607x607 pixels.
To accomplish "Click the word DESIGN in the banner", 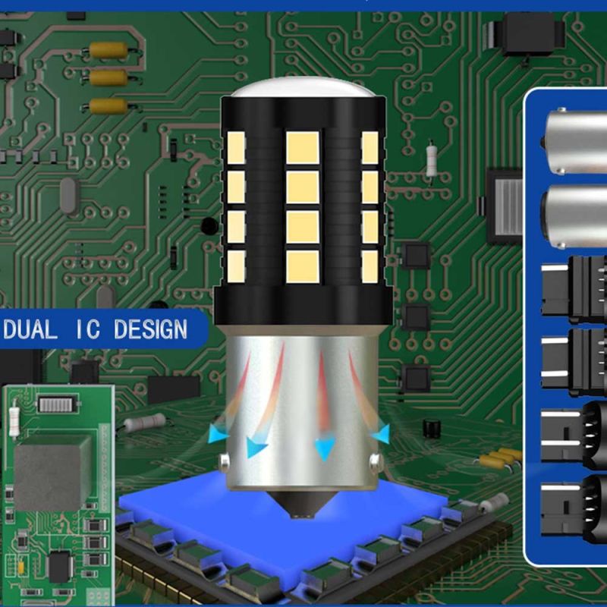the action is tap(150, 329).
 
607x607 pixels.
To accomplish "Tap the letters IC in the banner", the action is tap(87, 329).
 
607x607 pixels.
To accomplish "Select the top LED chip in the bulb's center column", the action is tap(303, 147).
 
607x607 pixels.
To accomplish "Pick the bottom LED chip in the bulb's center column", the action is tap(303, 266).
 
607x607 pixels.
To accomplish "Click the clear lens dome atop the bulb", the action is tap(303, 87).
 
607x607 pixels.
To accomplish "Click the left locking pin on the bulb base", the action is tap(224, 461).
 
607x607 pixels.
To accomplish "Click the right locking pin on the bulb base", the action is tap(375, 461).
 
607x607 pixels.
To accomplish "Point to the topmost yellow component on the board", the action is tap(109, 50).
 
